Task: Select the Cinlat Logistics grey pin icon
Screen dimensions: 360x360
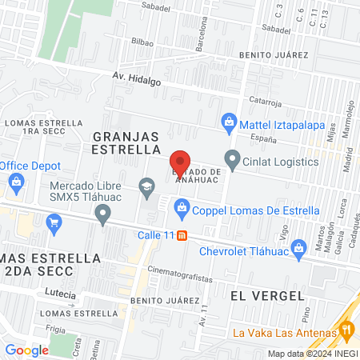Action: [232, 161]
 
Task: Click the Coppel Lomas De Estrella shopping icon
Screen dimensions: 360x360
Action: [182, 210]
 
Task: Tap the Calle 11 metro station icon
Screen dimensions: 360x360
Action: [182, 235]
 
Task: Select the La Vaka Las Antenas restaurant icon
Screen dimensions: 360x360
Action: [346, 330]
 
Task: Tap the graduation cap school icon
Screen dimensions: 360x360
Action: [146, 187]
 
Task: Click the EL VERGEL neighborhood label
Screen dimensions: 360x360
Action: [257, 294]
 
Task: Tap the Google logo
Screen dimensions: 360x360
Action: [26, 350]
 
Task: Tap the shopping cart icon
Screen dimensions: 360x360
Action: [54, 222]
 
